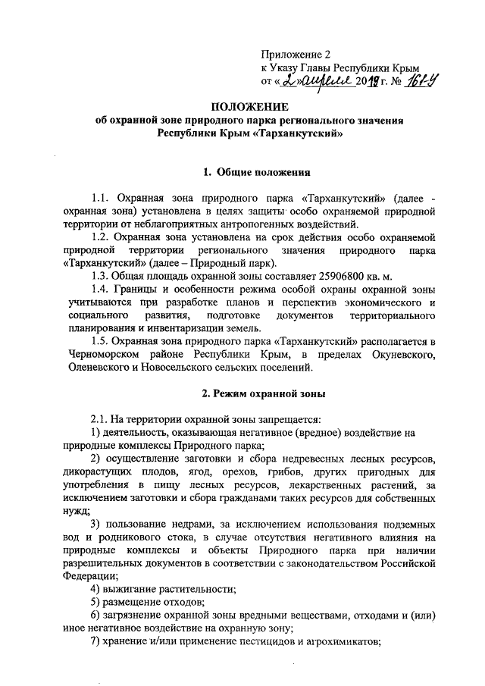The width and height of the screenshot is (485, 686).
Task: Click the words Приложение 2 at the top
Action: [296, 55]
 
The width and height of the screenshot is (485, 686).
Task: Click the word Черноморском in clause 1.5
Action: [101, 356]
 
